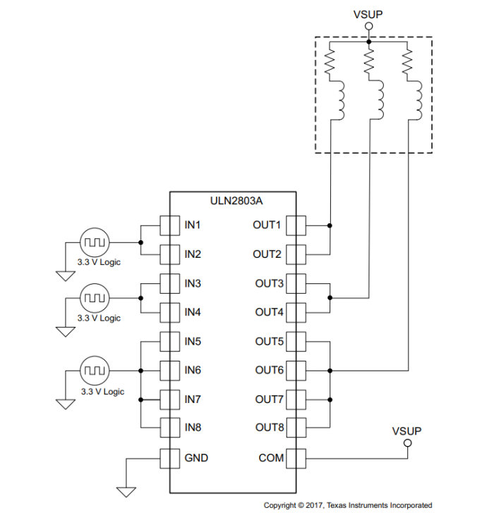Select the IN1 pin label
(x=193, y=225)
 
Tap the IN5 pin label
(x=193, y=342)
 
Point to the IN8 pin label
(x=193, y=428)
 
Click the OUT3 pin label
(x=269, y=284)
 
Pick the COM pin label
(x=271, y=458)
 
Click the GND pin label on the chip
(x=196, y=458)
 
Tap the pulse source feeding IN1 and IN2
(x=93, y=242)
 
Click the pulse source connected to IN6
(x=93, y=369)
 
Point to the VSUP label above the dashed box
(x=368, y=14)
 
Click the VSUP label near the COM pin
(x=406, y=430)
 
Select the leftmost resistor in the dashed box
(x=330, y=63)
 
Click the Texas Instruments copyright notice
(x=347, y=505)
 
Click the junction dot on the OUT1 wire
(x=330, y=225)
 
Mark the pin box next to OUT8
(x=296, y=428)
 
